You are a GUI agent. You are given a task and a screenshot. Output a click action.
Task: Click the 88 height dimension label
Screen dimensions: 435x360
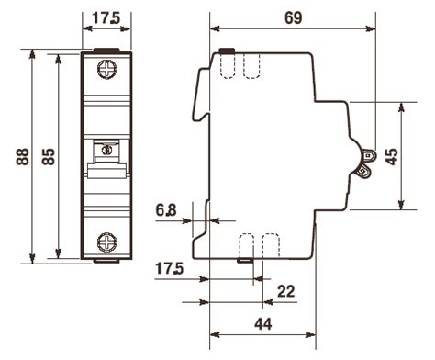(22, 157)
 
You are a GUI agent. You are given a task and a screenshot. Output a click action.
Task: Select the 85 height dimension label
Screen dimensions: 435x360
(49, 157)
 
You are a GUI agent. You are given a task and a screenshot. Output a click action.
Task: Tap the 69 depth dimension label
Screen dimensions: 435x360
(293, 18)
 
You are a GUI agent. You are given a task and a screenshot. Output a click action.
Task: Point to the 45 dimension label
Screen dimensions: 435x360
(392, 156)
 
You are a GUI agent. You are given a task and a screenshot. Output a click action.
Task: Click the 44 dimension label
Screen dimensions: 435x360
(262, 324)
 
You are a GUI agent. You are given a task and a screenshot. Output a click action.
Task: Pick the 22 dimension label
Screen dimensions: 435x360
(285, 291)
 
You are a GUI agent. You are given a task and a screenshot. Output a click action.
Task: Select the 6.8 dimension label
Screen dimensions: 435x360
(166, 210)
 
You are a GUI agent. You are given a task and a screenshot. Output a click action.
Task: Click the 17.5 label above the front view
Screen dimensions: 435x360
(106, 18)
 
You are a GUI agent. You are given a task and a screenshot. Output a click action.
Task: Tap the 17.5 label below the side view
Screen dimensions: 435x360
(169, 269)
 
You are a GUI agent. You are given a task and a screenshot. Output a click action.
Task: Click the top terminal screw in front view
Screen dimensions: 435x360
(107, 70)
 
